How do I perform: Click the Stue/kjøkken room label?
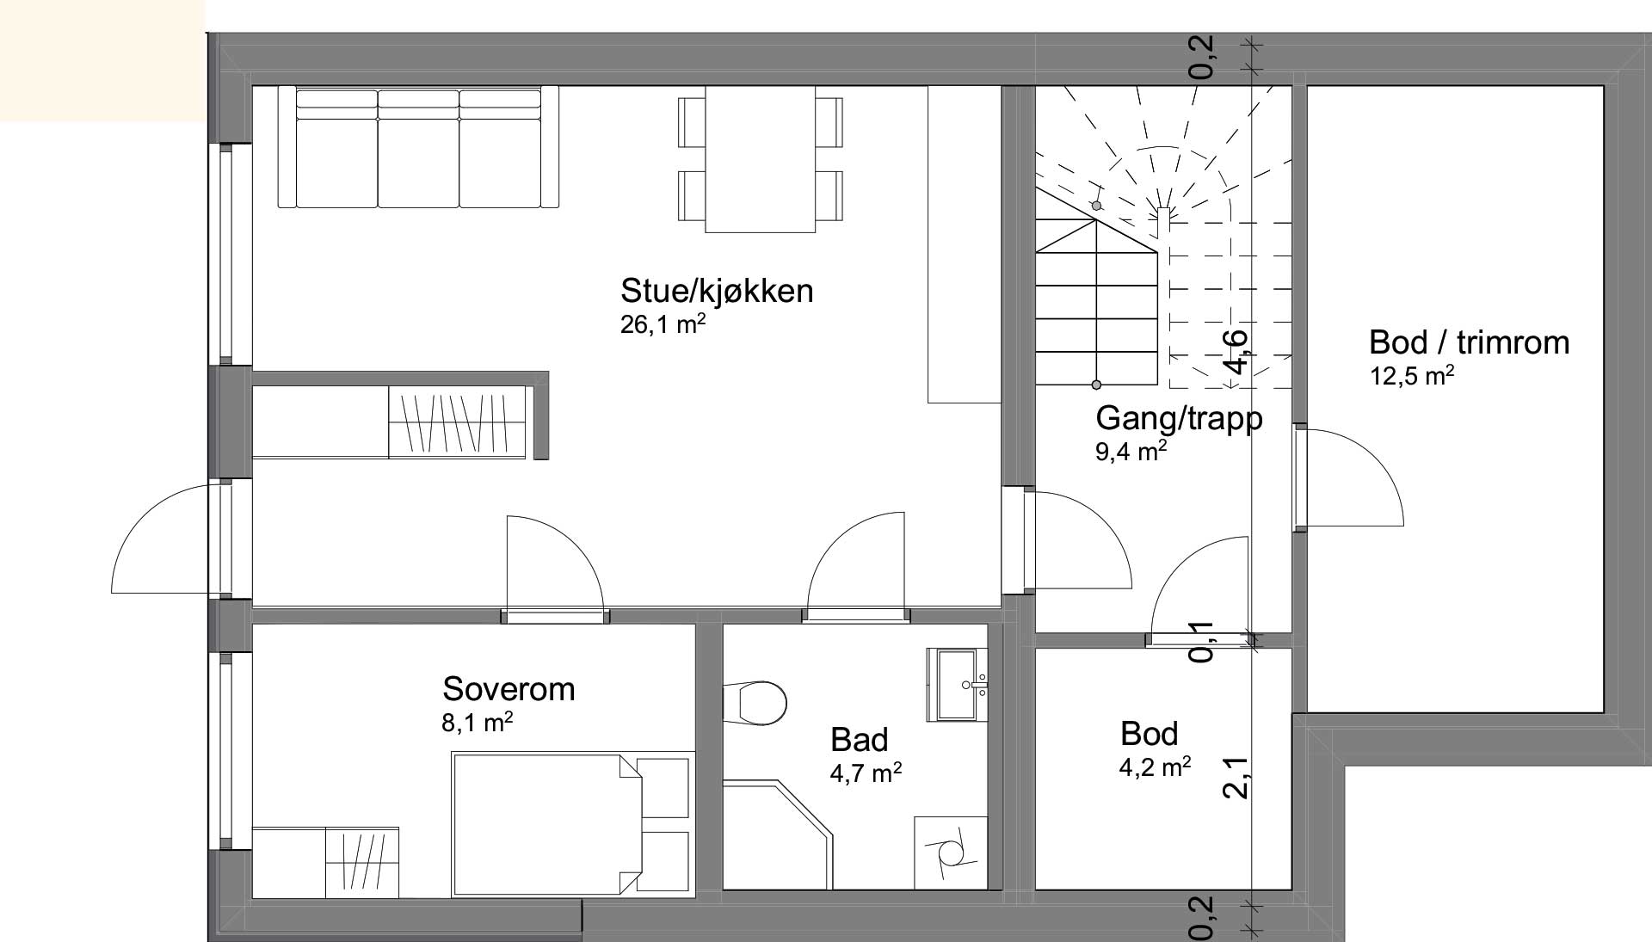coord(716,291)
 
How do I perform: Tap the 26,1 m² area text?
coord(663,325)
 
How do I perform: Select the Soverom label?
coord(509,689)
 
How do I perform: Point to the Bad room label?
coord(859,740)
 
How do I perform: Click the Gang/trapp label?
coord(1179,418)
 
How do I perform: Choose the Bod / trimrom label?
coord(1469,342)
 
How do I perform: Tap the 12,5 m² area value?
coord(1412,377)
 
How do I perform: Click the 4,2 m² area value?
coord(1155,767)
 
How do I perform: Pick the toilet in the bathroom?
coord(755,703)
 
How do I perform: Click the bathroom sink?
coord(958,685)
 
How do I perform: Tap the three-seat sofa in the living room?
coord(418,147)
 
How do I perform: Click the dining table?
coord(760,159)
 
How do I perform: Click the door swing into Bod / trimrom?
coord(1355,478)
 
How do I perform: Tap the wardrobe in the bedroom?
coord(362,862)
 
